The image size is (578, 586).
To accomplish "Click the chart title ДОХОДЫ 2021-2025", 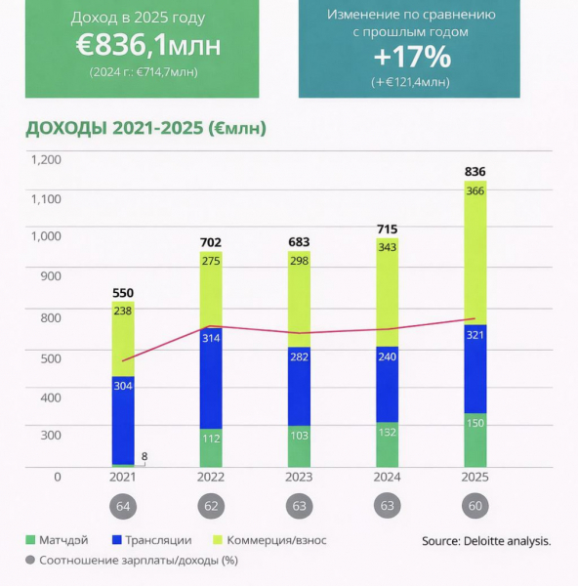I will pos(145,128).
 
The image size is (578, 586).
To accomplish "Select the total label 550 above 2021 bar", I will pos(123,292).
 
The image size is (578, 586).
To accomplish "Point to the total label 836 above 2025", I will pos(475,172).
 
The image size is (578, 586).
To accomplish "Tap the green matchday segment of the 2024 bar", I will pos(388,444).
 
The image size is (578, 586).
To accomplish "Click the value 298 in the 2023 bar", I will pos(300,287).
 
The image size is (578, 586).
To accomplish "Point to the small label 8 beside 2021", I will pos(145,455).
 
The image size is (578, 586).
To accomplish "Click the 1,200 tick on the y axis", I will pos(46,160).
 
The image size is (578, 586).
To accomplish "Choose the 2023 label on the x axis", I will pos(300,478).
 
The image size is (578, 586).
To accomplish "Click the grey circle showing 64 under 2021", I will pos(123,507).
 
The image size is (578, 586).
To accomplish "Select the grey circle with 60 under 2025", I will pos(475,507).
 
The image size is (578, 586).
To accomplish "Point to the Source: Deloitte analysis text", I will pos(486,540).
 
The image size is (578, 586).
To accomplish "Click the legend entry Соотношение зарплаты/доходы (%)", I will pos(131,561).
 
